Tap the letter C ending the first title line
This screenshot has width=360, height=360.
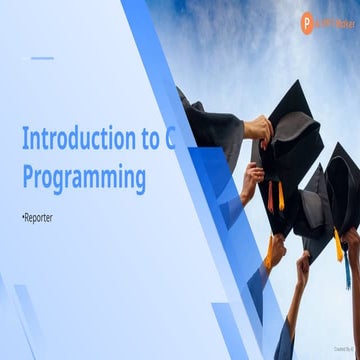[x=169, y=137]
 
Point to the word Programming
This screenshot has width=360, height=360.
[x=83, y=178]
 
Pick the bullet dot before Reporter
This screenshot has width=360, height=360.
[x=23, y=216]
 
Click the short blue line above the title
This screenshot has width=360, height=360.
[x=41, y=58]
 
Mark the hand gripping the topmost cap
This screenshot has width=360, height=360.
[x=258, y=128]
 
